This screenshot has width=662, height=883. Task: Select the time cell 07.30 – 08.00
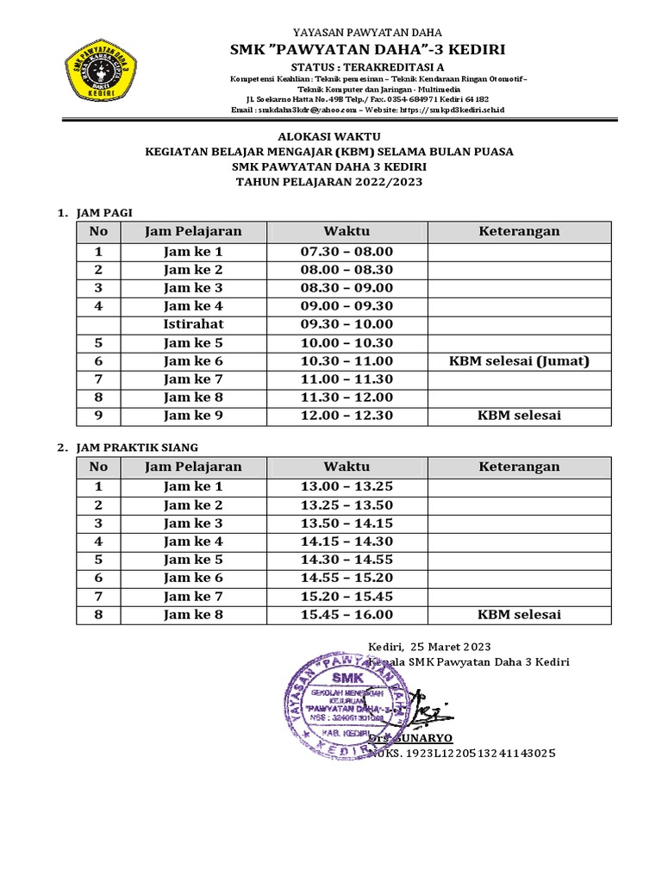[347, 252]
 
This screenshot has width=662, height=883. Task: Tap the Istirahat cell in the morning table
[193, 324]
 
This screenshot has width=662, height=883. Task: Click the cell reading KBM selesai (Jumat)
[519, 361]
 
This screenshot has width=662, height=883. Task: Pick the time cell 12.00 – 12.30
[347, 416]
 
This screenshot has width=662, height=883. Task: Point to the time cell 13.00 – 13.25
[347, 486]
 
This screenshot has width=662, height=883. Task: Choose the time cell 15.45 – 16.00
[347, 615]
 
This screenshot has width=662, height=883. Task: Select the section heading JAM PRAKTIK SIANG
[138, 448]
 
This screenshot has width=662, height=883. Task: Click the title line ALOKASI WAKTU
[330, 136]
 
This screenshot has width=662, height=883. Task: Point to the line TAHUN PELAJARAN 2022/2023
[330, 182]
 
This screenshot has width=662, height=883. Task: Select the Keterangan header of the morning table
[519, 231]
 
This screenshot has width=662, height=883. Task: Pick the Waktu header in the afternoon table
[347, 467]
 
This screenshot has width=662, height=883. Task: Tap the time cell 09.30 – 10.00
[347, 324]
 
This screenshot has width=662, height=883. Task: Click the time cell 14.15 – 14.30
[347, 542]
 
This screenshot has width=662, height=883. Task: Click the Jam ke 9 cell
[193, 416]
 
